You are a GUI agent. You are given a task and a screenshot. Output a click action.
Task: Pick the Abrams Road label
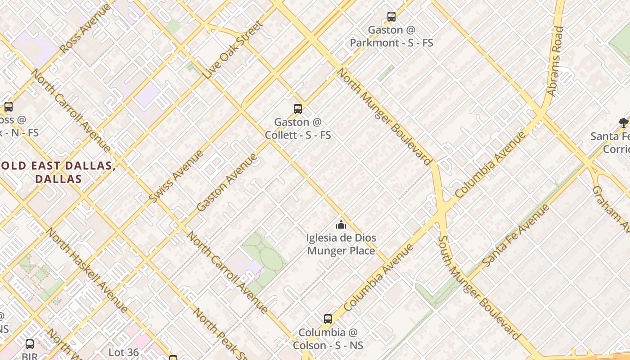[555, 61]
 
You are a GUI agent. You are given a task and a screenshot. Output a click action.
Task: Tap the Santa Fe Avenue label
[516, 235]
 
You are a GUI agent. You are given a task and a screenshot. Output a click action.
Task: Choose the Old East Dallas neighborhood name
[58, 172]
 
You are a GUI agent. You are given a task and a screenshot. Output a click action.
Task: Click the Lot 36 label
[123, 352]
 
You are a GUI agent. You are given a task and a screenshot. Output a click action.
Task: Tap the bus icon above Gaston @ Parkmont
[391, 17]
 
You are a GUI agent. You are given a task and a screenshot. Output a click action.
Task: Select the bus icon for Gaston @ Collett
[297, 108]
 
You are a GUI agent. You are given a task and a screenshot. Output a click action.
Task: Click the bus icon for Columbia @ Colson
[328, 319]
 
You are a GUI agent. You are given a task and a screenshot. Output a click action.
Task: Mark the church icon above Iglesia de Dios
[341, 225]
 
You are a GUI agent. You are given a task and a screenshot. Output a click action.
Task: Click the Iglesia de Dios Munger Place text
[341, 244]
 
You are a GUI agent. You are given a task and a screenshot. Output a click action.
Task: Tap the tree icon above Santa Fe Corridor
[623, 122]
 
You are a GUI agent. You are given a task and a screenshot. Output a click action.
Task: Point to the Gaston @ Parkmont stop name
[391, 36]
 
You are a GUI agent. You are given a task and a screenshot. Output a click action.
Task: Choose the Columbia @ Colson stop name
[328, 339]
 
